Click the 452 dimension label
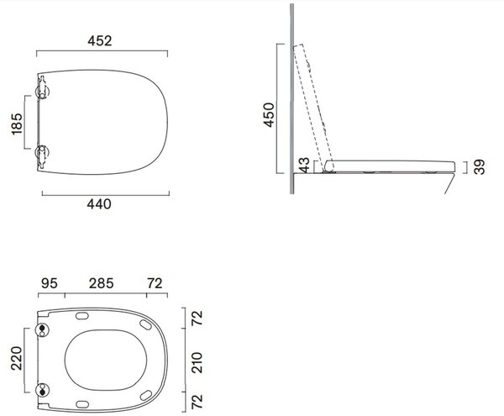[x=100, y=41]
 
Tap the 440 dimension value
[x=99, y=204]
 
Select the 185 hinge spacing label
[x=17, y=124]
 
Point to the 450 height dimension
[x=269, y=115]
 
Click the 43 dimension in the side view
[x=304, y=165]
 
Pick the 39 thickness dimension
[x=479, y=167]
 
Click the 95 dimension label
[x=50, y=283]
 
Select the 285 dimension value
[x=102, y=283]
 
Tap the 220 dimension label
[x=17, y=358]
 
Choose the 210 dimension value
[x=197, y=362]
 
